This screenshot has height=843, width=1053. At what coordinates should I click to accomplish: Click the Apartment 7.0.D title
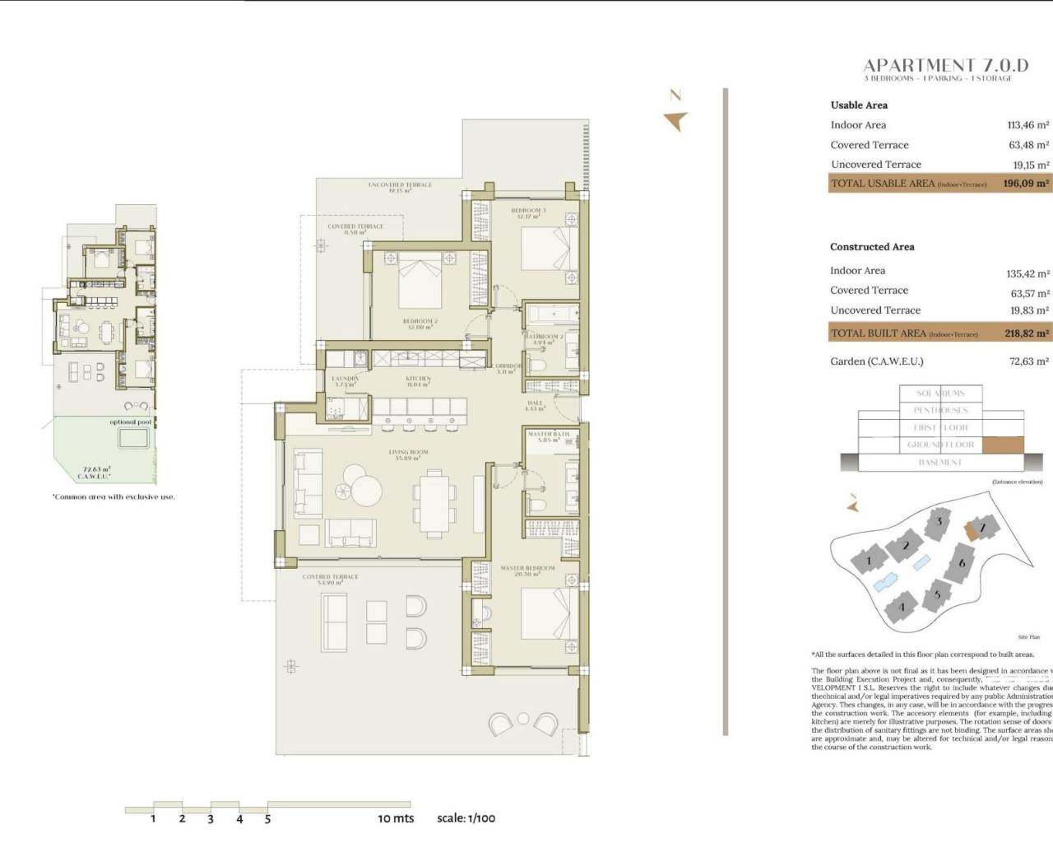[945, 65]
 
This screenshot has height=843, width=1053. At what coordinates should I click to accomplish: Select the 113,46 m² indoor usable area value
[1027, 125]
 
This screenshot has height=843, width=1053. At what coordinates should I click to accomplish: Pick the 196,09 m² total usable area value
[1025, 184]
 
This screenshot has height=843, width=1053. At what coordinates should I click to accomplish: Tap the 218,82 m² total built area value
[1025, 333]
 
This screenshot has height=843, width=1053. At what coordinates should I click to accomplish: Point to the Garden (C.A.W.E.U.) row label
[876, 361]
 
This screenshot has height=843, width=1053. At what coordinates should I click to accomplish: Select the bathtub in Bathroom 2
[551, 314]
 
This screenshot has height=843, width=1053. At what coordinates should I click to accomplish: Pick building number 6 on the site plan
[961, 563]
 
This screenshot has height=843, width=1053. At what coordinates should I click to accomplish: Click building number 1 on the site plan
[868, 562]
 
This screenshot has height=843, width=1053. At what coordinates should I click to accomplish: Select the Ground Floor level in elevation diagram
[940, 445]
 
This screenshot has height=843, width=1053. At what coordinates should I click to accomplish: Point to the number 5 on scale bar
[267, 819]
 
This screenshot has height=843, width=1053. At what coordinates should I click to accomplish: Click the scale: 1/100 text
[466, 818]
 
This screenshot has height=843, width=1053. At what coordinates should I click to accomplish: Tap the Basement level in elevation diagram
[939, 463]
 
